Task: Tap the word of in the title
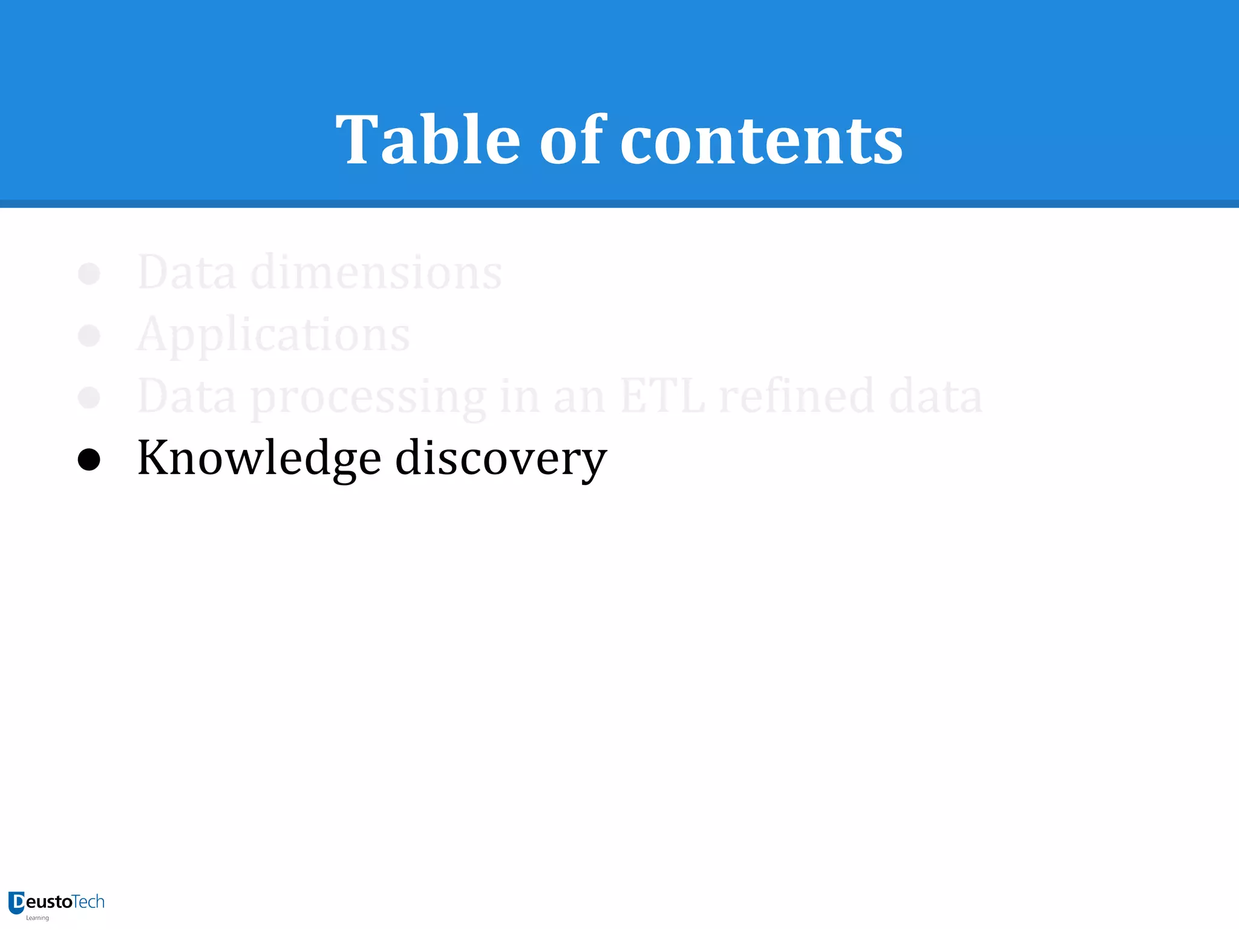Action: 572,140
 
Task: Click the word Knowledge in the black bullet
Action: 259,458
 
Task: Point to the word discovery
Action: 500,458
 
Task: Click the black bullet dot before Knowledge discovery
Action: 89,460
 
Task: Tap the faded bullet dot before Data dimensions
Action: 89,273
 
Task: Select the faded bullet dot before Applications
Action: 89,336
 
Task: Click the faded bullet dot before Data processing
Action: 89,397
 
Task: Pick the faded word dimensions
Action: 376,272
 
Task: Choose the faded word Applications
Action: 273,334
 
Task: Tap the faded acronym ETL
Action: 662,396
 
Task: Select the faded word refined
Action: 796,396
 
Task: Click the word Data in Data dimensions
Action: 186,272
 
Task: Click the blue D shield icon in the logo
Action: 16,902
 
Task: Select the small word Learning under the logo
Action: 38,918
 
